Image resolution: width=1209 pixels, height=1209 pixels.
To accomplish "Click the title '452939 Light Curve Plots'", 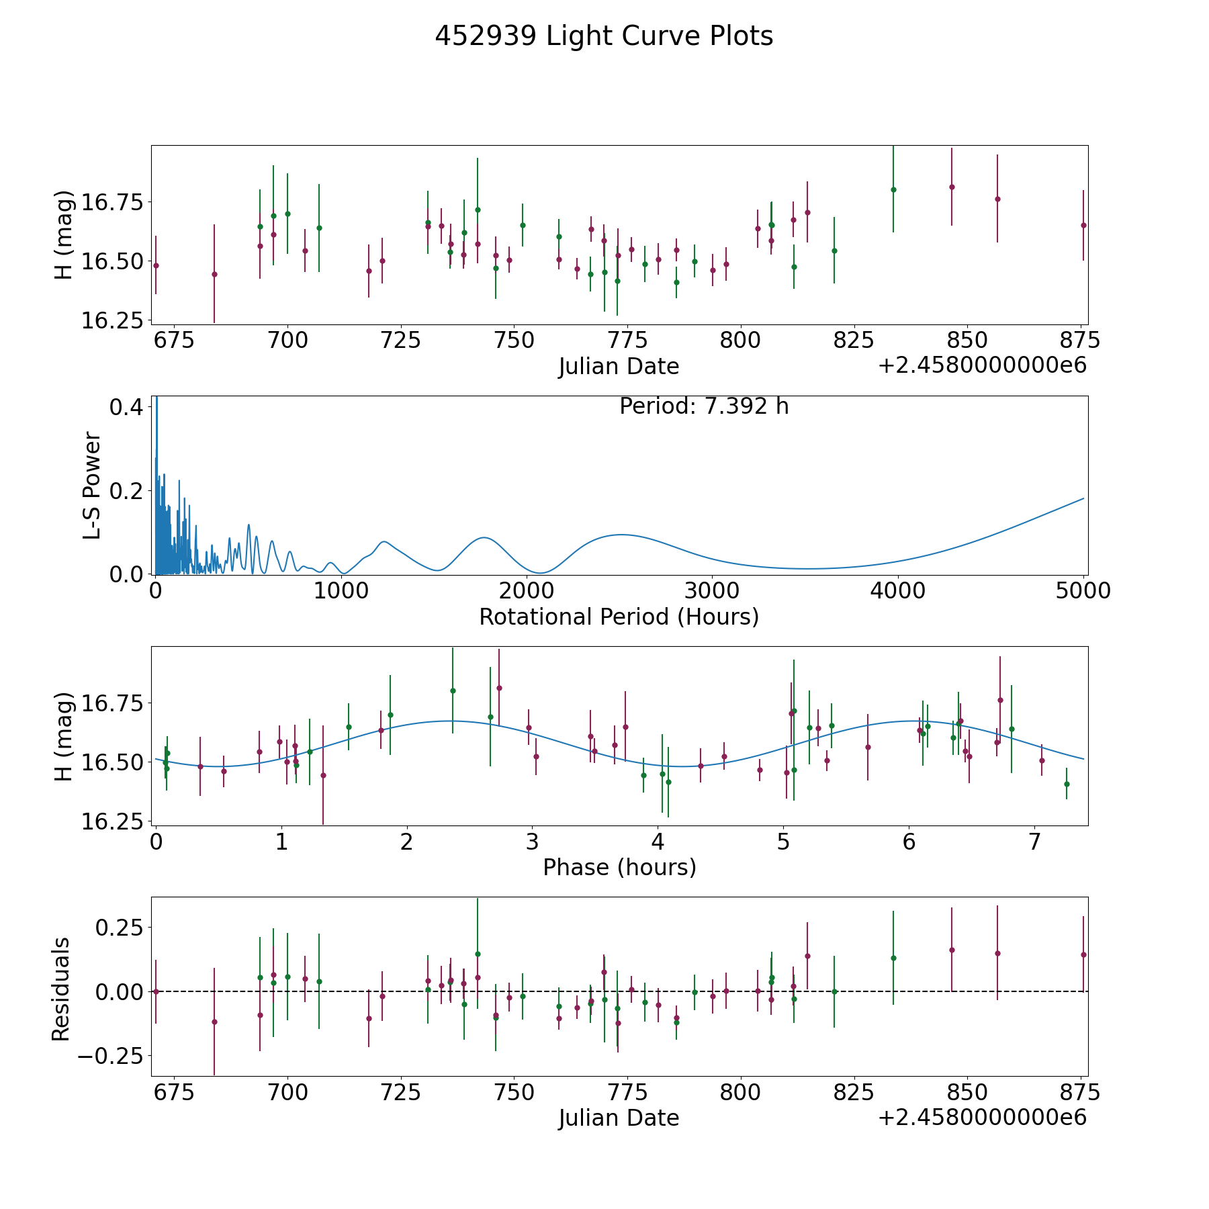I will click(x=604, y=36).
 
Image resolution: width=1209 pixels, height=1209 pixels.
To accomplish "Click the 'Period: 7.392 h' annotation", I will click(x=704, y=406).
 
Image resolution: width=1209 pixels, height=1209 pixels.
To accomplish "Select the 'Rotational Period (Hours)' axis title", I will click(x=619, y=617).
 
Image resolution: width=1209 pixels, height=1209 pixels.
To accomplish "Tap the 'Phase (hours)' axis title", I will click(x=619, y=867).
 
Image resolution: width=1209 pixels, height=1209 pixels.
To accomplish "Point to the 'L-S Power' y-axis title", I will click(x=92, y=486).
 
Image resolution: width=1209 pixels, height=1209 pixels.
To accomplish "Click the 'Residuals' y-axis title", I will click(x=61, y=989).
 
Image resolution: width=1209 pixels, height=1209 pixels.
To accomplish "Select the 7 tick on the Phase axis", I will click(x=1034, y=842).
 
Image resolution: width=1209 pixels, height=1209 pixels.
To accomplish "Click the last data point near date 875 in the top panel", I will click(x=1083, y=225).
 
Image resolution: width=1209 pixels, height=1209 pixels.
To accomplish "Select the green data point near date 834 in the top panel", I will click(x=893, y=189).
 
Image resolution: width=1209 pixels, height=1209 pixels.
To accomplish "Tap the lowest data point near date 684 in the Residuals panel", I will click(x=214, y=1022).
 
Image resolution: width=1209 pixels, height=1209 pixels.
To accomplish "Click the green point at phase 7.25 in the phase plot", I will click(x=1067, y=784).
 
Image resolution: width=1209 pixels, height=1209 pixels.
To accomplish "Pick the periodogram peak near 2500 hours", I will click(x=621, y=535).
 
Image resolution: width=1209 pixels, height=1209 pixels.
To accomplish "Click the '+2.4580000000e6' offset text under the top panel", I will click(x=982, y=365).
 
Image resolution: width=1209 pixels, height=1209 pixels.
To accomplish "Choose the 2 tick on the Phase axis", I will click(x=406, y=842).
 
